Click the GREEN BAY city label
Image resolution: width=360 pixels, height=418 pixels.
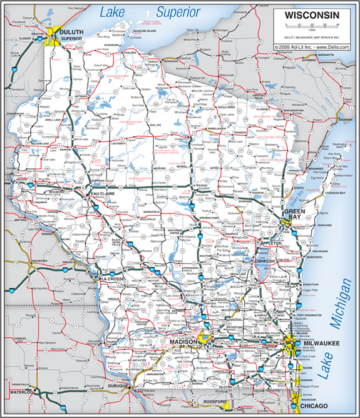[x=295, y=217]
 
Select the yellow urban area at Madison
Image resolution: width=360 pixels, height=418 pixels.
[x=204, y=339]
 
